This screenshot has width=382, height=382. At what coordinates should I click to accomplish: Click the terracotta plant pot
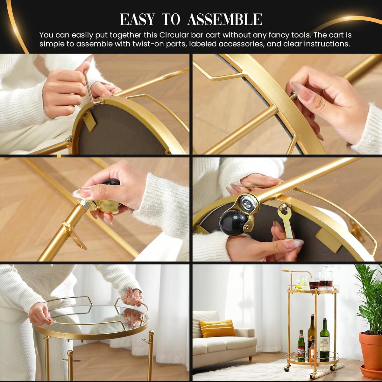coord(370,350)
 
